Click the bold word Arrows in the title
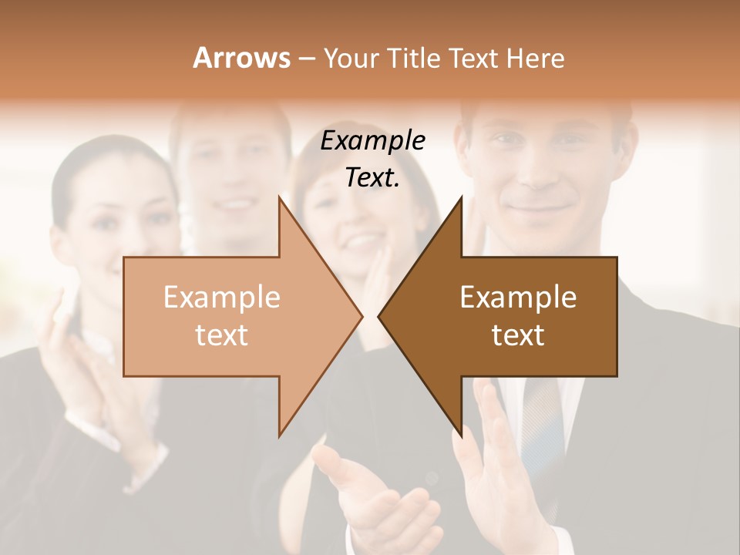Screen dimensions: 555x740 (x=242, y=58)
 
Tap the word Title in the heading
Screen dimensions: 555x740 (x=414, y=58)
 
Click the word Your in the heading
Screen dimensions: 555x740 (x=351, y=58)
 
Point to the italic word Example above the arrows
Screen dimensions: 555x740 (x=373, y=141)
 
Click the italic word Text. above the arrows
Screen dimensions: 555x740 (x=373, y=178)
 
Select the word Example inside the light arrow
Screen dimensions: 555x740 (x=221, y=298)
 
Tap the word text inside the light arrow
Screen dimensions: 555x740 (x=221, y=335)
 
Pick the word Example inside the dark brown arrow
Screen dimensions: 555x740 (x=518, y=298)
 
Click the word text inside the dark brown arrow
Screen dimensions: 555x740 (x=518, y=335)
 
